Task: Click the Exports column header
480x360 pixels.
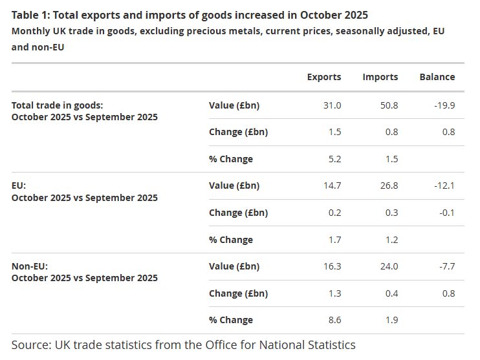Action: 324,77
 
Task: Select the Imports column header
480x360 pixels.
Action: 380,77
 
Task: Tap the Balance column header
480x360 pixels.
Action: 437,77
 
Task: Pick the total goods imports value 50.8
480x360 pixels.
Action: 389,105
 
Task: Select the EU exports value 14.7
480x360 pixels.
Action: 333,185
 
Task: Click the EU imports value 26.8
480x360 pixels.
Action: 389,185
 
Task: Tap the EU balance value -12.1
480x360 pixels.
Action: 445,185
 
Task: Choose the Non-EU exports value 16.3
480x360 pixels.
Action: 333,266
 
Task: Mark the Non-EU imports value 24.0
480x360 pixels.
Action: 389,266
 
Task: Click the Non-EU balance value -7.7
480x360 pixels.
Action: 447,266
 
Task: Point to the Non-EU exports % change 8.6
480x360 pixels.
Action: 334,320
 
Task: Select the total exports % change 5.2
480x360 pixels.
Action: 334,159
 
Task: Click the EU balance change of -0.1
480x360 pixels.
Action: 447,213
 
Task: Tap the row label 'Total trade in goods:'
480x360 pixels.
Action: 58,105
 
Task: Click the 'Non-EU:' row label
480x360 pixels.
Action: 30,266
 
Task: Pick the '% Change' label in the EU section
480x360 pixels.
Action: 231,240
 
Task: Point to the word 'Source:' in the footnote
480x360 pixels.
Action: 32,344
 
